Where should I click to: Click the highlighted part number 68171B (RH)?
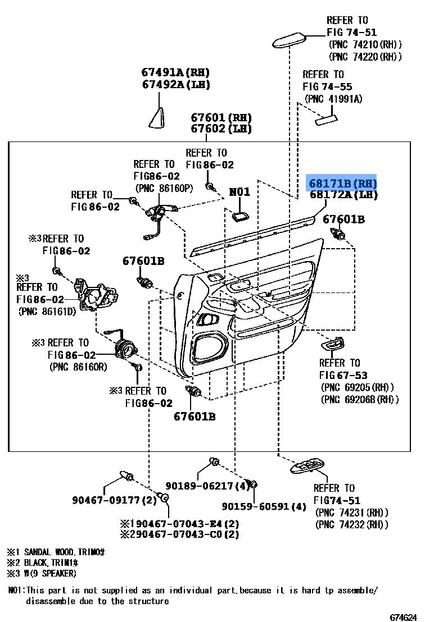343,183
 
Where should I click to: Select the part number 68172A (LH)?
343,195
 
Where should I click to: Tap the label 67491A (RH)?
175,72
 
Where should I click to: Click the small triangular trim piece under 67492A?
157,117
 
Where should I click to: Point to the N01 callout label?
239,192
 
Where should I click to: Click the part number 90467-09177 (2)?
114,500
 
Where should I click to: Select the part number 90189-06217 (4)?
207,486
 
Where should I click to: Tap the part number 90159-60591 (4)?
264,506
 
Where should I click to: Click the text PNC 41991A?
333,99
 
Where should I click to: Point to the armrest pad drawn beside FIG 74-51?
290,40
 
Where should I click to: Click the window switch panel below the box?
308,466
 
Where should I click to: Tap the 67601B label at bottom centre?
195,416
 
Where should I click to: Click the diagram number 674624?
404,618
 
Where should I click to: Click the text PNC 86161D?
47,312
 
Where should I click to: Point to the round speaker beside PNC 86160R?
126,349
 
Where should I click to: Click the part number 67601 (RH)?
221,118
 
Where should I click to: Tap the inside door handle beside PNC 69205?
333,344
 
